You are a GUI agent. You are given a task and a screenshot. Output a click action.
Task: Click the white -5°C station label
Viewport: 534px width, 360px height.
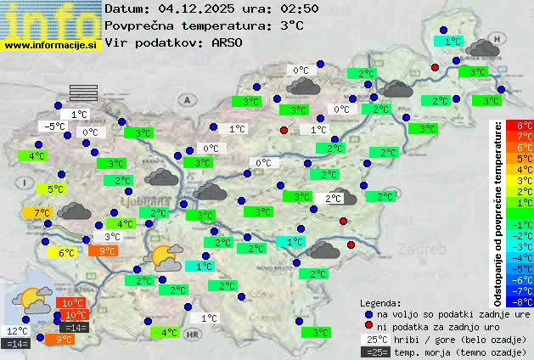pos(54,127)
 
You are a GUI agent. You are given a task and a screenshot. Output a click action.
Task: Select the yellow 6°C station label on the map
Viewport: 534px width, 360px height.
pos(66,252)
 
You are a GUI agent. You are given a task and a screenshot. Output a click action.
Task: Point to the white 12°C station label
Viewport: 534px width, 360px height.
pos(17,331)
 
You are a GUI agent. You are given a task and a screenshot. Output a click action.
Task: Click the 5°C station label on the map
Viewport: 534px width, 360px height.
pos(55,189)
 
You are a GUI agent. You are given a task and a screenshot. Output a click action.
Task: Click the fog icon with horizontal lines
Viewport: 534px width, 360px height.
pos(83,92)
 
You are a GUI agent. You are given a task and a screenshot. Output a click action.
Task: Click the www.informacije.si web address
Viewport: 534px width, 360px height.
pos(51,44)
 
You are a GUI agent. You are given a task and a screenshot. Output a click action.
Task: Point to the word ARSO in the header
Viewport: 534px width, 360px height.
pos(228,42)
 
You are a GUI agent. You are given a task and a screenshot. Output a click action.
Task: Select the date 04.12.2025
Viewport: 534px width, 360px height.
pos(194,8)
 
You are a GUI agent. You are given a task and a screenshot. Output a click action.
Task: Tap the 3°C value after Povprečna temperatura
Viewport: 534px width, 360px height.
pos(291,25)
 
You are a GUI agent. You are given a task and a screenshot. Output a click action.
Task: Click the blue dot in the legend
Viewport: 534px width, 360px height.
pos(368,313)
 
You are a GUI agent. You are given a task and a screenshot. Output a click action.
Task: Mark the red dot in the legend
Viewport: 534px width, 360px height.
pos(368,325)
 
